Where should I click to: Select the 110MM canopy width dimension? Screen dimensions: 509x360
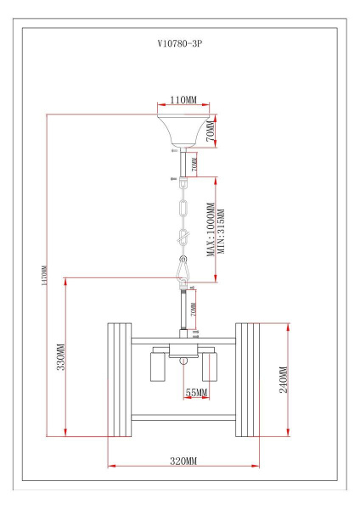click(x=183, y=100)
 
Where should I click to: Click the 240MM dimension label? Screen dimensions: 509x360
click(x=283, y=379)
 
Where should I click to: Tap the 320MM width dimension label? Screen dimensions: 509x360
click(x=183, y=460)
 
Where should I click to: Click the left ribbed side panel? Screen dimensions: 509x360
click(x=117, y=379)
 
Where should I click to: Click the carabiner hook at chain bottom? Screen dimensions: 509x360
click(x=183, y=270)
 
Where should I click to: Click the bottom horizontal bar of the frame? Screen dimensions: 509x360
click(x=183, y=416)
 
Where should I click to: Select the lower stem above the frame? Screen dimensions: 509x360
click(x=182, y=310)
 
